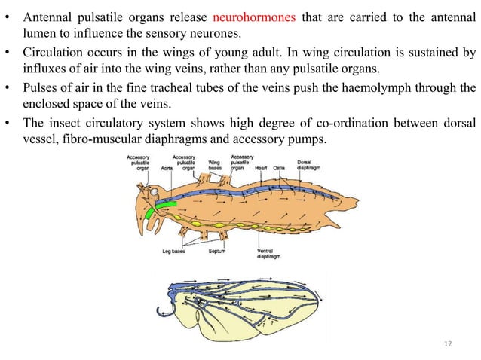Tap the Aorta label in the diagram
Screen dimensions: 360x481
pos(167,169)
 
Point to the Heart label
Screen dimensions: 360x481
pos(261,168)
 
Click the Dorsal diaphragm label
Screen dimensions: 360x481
pos(308,164)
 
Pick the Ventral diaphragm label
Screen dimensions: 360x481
pos(269,254)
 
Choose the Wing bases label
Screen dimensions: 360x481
pos(214,164)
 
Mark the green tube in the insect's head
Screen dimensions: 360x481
pos(161,210)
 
